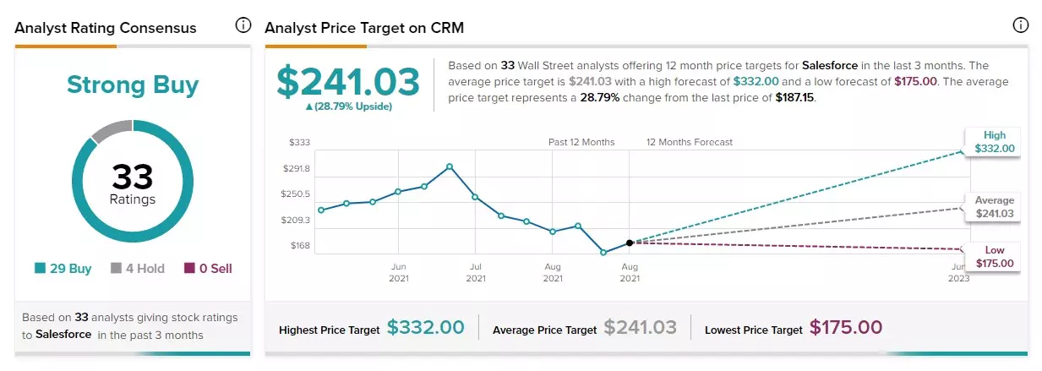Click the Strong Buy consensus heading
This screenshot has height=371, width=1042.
point(133,85)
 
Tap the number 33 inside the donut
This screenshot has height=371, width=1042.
point(132,177)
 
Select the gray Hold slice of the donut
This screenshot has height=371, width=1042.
point(112,129)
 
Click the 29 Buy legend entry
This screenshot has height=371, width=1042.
point(63,268)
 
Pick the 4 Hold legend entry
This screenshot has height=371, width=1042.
point(138,268)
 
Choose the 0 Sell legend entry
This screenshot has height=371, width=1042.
point(208,268)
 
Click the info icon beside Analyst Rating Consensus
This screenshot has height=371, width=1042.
point(243,25)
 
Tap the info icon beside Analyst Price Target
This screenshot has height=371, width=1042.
point(1021,25)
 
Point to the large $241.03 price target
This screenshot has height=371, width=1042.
point(348,82)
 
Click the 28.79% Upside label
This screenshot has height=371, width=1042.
point(348,106)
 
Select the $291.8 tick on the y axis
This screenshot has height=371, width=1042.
point(297,168)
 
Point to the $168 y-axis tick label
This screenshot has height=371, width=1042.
point(300,245)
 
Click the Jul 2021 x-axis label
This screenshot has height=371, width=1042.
point(476,272)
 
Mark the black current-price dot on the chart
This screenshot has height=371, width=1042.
point(630,243)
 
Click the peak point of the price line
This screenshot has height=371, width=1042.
point(450,166)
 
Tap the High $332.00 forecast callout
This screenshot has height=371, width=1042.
point(993,142)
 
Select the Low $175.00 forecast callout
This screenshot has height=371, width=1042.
point(993,257)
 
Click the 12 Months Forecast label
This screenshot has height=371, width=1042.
point(690,142)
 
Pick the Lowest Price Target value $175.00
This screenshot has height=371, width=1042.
point(846,327)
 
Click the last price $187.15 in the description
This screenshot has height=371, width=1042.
point(794,98)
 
